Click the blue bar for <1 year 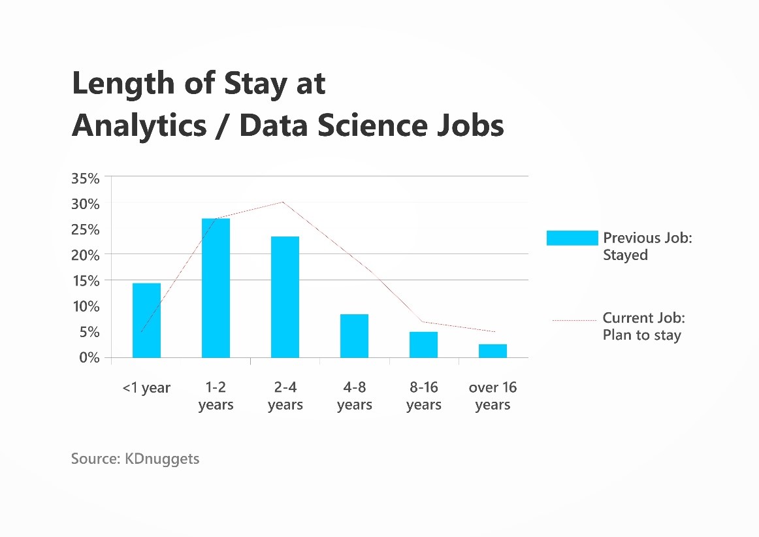pyautogui.click(x=147, y=321)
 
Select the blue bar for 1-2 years pyautogui.click(x=216, y=288)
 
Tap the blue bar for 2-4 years pyautogui.click(x=285, y=297)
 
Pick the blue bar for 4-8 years pyautogui.click(x=354, y=336)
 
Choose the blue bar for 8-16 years pyautogui.click(x=423, y=345)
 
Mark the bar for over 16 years pyautogui.click(x=493, y=351)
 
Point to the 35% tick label pyautogui.click(x=85, y=179)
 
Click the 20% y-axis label pyautogui.click(x=85, y=255)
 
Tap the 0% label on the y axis pyautogui.click(x=89, y=358)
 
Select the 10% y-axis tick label pyautogui.click(x=86, y=306)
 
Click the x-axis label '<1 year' pyautogui.click(x=146, y=388)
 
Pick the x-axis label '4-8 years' pyautogui.click(x=354, y=396)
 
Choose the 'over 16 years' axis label pyautogui.click(x=493, y=396)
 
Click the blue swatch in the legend pyautogui.click(x=572, y=238)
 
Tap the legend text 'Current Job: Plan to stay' pyautogui.click(x=644, y=327)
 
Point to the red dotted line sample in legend pyautogui.click(x=575, y=320)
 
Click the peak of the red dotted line pyautogui.click(x=283, y=202)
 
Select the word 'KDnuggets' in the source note pyautogui.click(x=162, y=459)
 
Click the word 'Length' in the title pyautogui.click(x=123, y=84)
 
